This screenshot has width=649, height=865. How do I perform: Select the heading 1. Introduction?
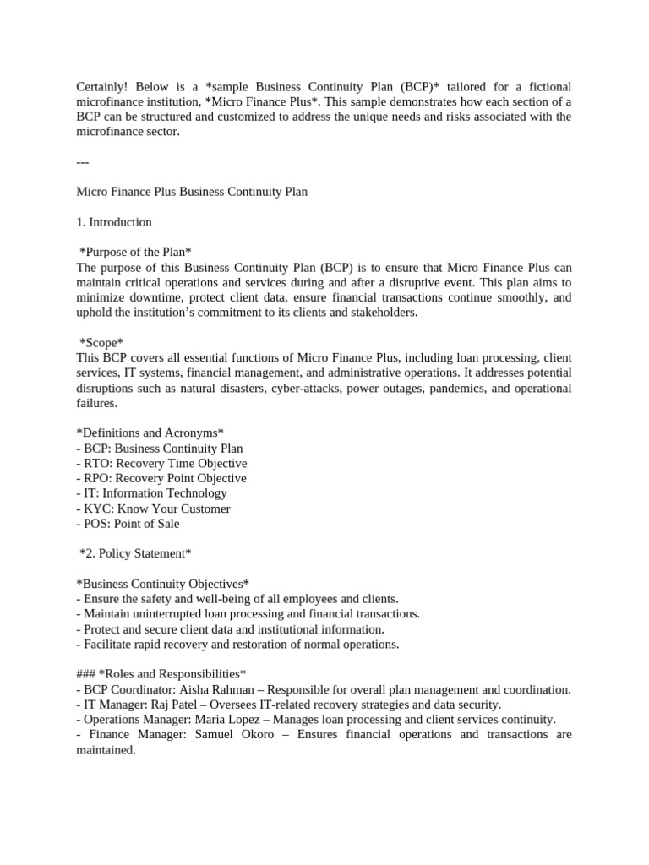(x=113, y=222)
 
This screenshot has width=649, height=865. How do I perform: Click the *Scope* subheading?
(x=101, y=342)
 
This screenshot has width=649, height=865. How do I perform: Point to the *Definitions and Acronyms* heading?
(x=150, y=432)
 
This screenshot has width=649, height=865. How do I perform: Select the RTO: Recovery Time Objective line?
(x=161, y=463)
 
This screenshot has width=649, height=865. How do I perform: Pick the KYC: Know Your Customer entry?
(x=153, y=509)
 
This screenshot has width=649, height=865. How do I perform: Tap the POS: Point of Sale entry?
(x=128, y=523)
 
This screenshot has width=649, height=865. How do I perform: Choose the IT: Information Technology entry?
(x=151, y=493)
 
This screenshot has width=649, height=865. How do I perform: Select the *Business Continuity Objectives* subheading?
(x=162, y=584)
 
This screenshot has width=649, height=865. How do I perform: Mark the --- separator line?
(x=82, y=162)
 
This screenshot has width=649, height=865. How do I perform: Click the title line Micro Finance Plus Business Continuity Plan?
(x=192, y=192)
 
